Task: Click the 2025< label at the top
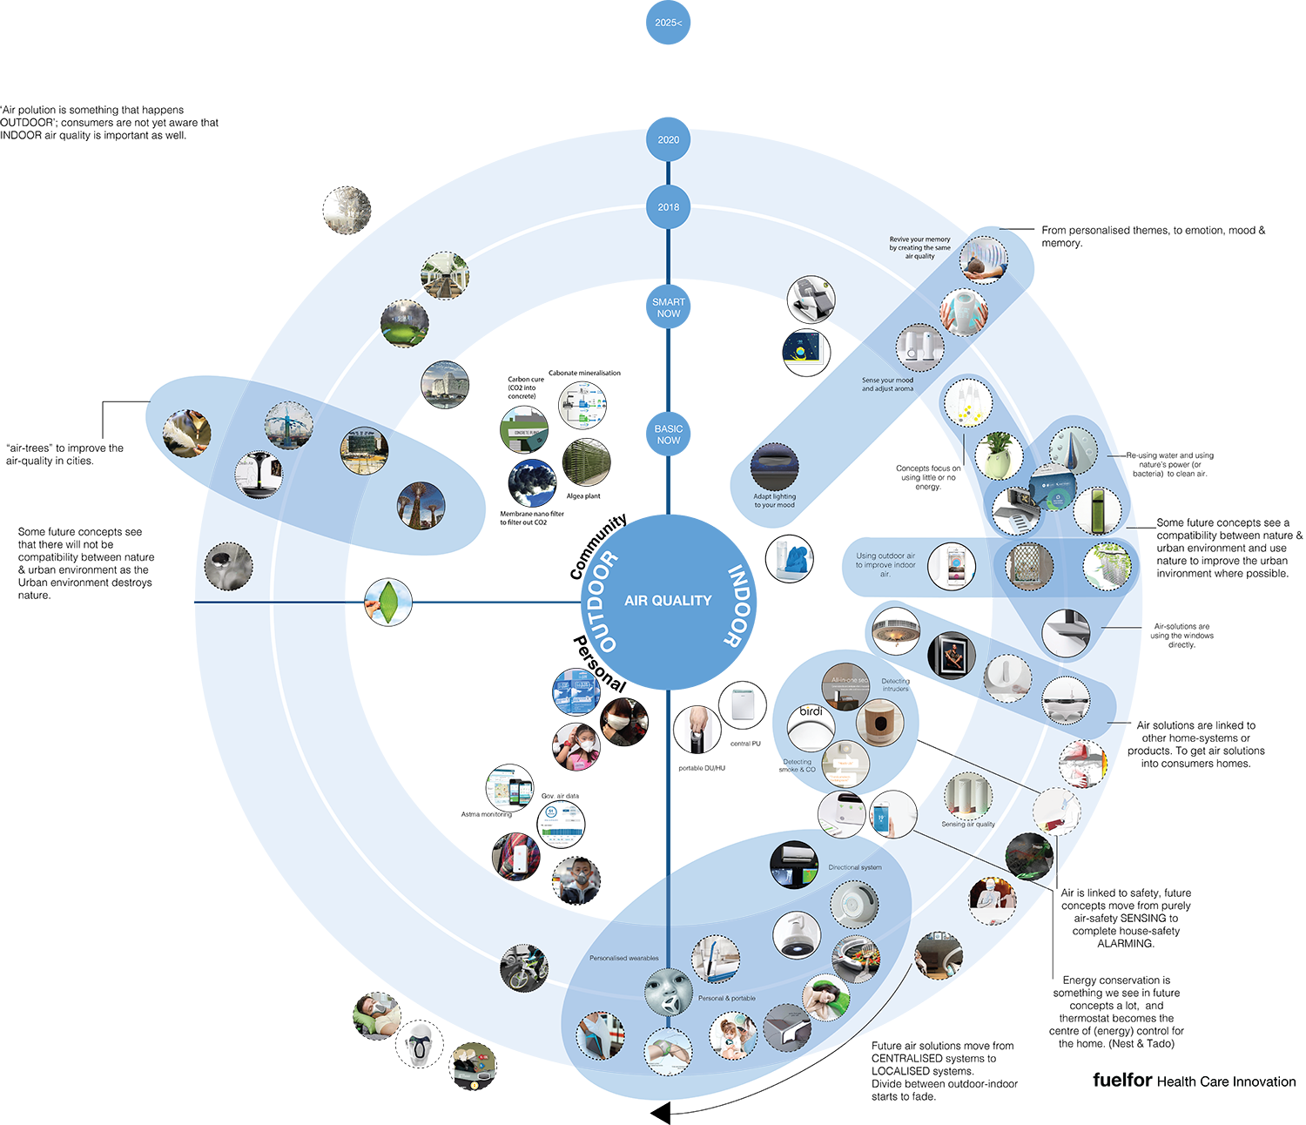pos(668,23)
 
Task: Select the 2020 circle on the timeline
pos(669,139)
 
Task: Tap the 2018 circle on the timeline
pos(669,207)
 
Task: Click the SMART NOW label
pos(669,307)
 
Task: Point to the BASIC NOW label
pos(669,435)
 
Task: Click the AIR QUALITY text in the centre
pos(668,601)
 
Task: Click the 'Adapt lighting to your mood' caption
pos(775,501)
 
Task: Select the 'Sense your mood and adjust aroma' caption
pos(887,384)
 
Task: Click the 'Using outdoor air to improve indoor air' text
pos(885,565)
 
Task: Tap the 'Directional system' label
pos(854,867)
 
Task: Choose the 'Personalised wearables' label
pos(624,958)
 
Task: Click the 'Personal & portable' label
pos(727,998)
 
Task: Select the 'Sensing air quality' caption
pos(967,824)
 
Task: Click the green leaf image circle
pos(387,601)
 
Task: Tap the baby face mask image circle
pos(668,993)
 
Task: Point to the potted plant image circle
pos(998,455)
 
